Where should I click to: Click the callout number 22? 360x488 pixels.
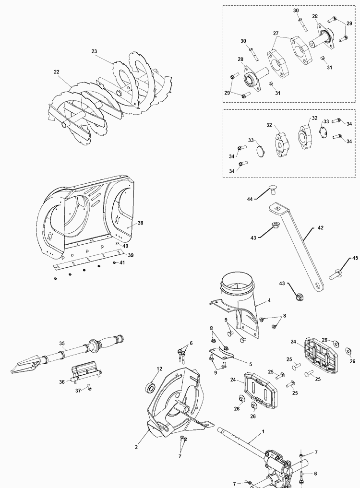(57, 72)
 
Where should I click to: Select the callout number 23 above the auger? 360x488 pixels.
(94, 51)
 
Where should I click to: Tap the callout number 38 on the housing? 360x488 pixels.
(141, 223)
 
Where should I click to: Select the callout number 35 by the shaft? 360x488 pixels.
(62, 343)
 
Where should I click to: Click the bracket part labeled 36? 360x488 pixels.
(85, 373)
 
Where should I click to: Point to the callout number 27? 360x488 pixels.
(276, 34)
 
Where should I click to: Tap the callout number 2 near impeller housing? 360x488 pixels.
(136, 447)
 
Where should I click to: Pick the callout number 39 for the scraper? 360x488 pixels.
(130, 255)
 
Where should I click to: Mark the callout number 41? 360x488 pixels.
(122, 263)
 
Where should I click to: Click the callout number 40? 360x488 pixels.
(125, 246)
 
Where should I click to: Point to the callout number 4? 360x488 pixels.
(269, 300)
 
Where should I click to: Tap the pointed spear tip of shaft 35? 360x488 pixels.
(14, 369)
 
